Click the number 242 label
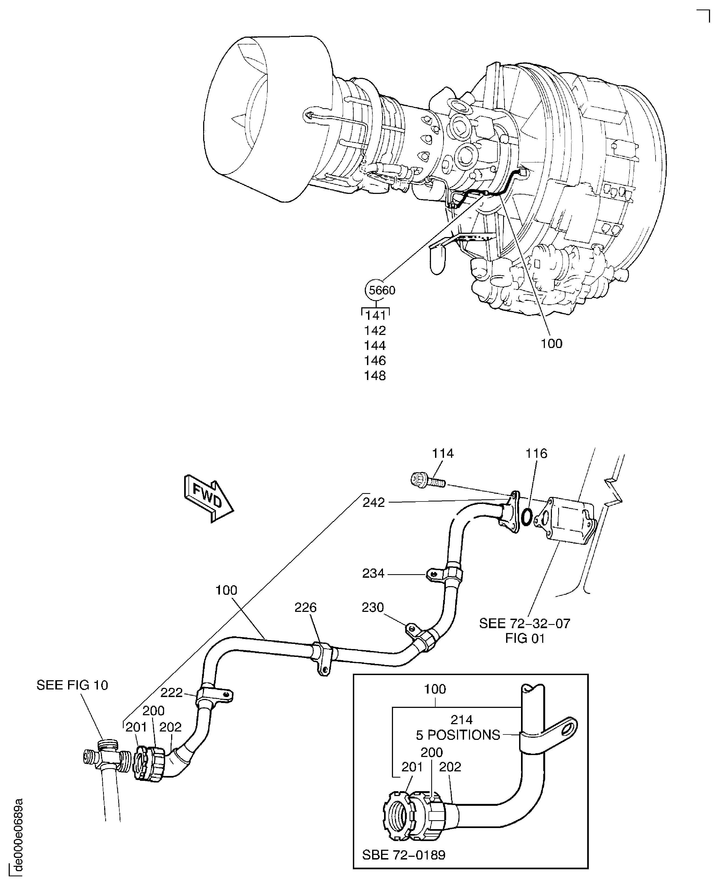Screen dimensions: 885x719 click(373, 502)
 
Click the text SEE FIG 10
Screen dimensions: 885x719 click(72, 685)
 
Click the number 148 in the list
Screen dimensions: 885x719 click(375, 376)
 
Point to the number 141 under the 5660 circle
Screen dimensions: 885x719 click(375, 316)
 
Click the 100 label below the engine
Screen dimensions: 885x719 click(551, 343)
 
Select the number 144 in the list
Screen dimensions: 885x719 click(375, 345)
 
